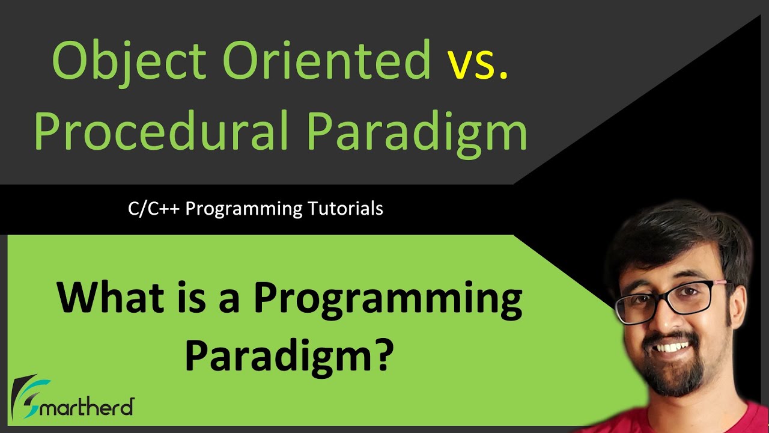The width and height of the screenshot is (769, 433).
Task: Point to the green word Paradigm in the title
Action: [x=417, y=132]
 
